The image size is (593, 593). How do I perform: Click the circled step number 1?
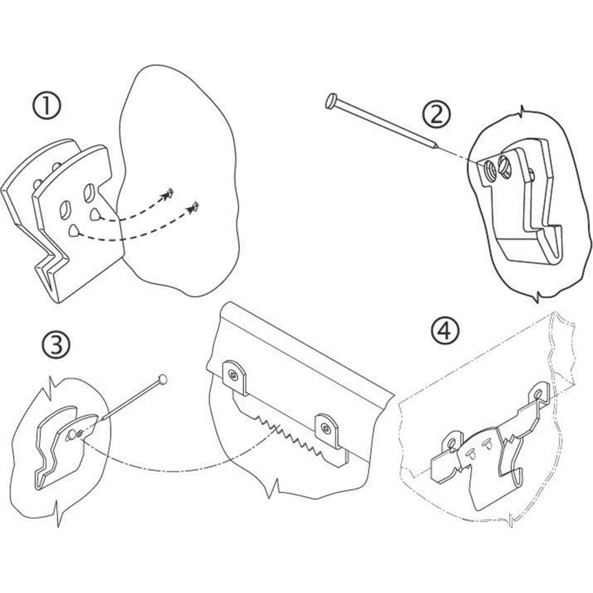pyautogui.click(x=46, y=106)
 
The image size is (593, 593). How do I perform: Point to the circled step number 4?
pyautogui.click(x=445, y=331)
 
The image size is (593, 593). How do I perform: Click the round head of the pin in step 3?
pyautogui.click(x=163, y=380)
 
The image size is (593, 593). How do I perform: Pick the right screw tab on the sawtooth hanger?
pyautogui.click(x=327, y=429)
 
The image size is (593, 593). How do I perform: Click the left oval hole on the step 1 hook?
pyautogui.click(x=63, y=210)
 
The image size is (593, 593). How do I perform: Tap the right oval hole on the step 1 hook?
pyautogui.click(x=89, y=192)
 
